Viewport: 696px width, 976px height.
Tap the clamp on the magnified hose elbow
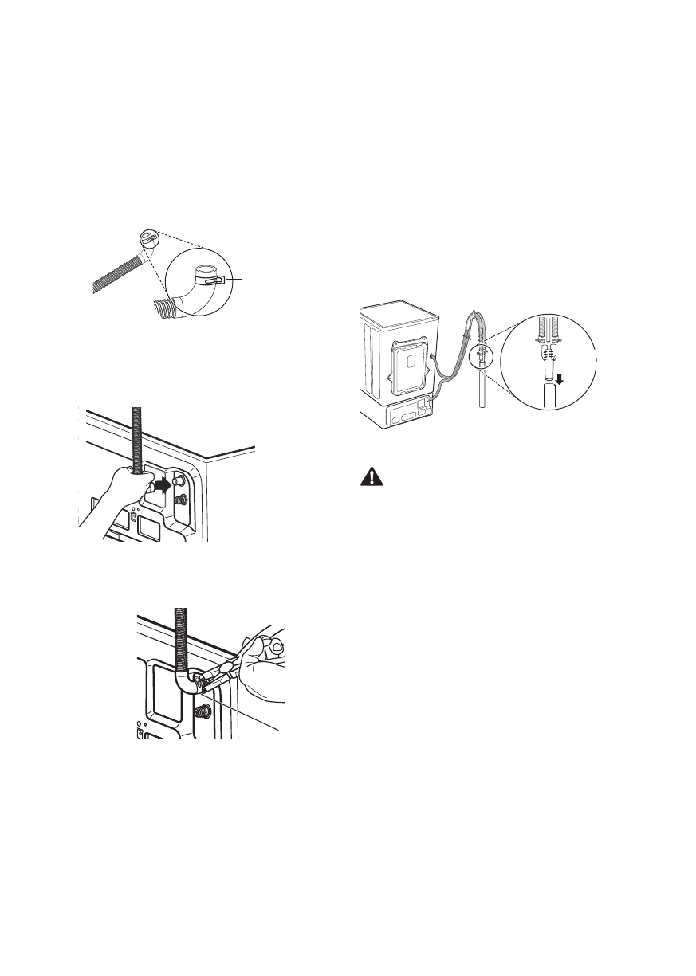point(210,280)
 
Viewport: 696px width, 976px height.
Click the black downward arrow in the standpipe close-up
point(560,380)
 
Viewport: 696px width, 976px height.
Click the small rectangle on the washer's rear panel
point(409,361)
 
